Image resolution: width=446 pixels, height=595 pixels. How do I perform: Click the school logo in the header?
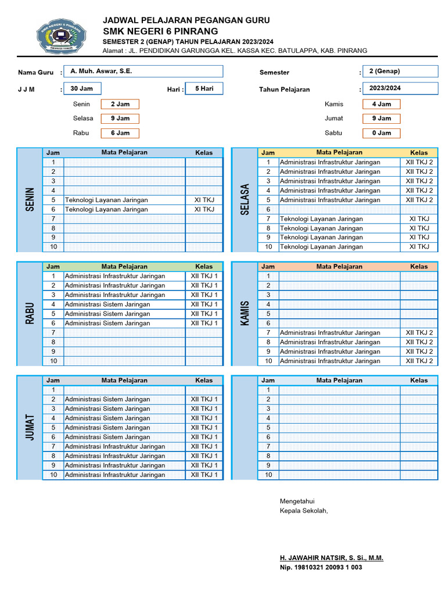[x=61, y=35]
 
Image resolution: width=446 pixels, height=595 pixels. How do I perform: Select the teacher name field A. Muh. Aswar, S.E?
[x=143, y=71]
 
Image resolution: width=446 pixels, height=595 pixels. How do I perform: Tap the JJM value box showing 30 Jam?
[x=82, y=88]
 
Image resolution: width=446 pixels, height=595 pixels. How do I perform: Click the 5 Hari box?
[x=204, y=88]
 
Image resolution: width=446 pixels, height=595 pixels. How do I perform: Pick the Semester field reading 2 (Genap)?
[x=400, y=71]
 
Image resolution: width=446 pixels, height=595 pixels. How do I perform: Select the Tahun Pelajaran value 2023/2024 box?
[x=400, y=88]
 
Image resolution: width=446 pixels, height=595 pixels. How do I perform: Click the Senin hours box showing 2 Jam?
[x=120, y=104]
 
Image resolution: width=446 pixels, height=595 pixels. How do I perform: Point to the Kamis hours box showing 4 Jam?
[x=381, y=104]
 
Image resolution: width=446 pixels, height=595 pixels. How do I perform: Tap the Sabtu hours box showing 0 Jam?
[x=381, y=133]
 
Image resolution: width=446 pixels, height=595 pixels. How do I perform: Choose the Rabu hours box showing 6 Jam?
[x=120, y=133]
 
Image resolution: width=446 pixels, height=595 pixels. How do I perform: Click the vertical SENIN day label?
[x=30, y=200]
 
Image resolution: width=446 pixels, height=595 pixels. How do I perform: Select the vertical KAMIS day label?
[x=244, y=313]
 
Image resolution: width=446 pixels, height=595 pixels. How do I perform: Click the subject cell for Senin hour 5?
[x=125, y=200]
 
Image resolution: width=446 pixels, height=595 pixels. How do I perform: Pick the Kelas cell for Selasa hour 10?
[x=419, y=246]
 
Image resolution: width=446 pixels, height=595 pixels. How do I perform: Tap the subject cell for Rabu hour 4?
[x=125, y=304]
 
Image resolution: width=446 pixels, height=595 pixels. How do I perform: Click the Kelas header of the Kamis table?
[x=419, y=266]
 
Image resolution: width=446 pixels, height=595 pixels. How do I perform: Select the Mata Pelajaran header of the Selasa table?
[x=339, y=152]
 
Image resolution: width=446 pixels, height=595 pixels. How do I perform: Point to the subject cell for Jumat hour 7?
[x=125, y=446]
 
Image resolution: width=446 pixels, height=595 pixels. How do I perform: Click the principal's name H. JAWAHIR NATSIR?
[x=332, y=558]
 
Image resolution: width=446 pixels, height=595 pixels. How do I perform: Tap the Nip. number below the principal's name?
[x=321, y=567]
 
